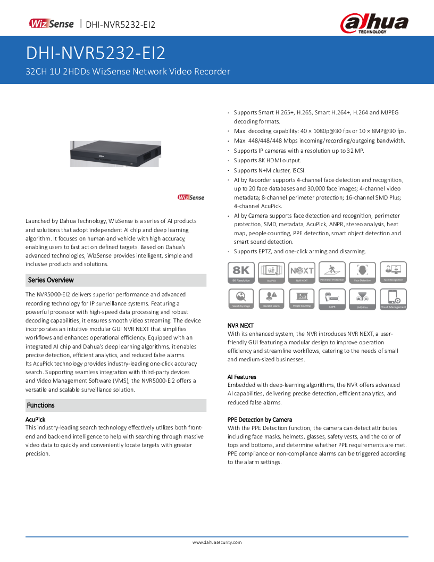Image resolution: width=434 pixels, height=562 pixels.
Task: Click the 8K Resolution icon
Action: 241,272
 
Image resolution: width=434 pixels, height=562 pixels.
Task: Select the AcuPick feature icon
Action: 271,272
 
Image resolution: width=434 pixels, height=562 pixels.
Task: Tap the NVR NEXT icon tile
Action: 302,272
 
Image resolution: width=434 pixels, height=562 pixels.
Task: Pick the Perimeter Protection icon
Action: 332,272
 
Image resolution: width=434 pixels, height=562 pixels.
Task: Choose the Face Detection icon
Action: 362,272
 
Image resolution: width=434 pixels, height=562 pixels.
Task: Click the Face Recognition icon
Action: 393,272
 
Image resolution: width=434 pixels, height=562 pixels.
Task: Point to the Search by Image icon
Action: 241,299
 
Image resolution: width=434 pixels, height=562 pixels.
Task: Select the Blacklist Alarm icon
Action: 271,299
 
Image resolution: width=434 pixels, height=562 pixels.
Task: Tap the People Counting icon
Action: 302,299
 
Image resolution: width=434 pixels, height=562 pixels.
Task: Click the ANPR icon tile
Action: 332,299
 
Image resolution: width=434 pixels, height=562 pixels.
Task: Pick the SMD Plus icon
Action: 362,299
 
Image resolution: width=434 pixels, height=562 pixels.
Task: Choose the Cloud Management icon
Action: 393,299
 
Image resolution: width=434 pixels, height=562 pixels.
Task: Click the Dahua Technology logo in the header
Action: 374,24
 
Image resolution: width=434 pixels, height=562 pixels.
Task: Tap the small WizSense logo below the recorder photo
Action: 191,197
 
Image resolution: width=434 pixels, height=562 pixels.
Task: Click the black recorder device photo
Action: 115,153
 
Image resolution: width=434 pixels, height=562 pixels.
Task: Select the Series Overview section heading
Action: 51,280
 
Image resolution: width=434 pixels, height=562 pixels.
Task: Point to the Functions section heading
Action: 41,405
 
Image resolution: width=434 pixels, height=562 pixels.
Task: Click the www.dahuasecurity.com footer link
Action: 217,542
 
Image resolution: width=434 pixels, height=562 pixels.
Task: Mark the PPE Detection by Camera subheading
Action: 260,419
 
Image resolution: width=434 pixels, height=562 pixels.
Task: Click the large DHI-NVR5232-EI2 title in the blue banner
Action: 96,53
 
